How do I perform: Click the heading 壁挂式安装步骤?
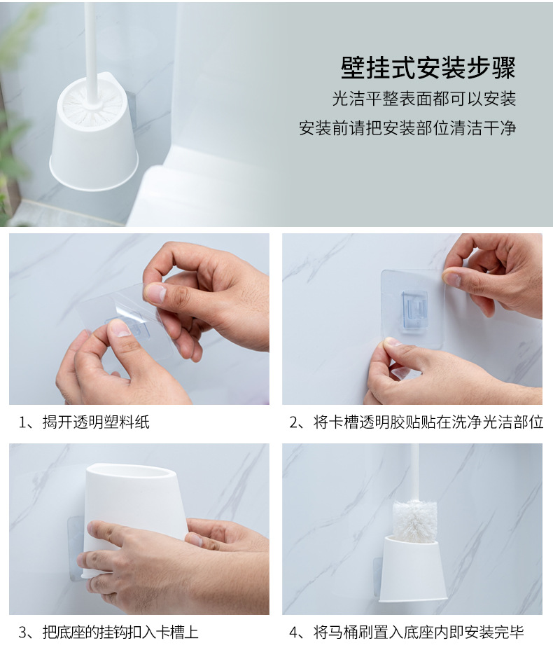[428, 67]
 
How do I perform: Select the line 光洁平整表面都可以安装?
[423, 99]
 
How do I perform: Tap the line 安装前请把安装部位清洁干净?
[407, 128]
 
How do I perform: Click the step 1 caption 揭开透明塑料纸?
[96, 422]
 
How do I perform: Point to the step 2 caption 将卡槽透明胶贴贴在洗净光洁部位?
[428, 422]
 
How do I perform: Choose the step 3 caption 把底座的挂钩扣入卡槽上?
[120, 632]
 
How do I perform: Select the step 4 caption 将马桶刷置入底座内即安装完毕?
[419, 632]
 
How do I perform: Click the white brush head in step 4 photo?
[414, 521]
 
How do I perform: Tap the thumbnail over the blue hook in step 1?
[121, 328]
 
